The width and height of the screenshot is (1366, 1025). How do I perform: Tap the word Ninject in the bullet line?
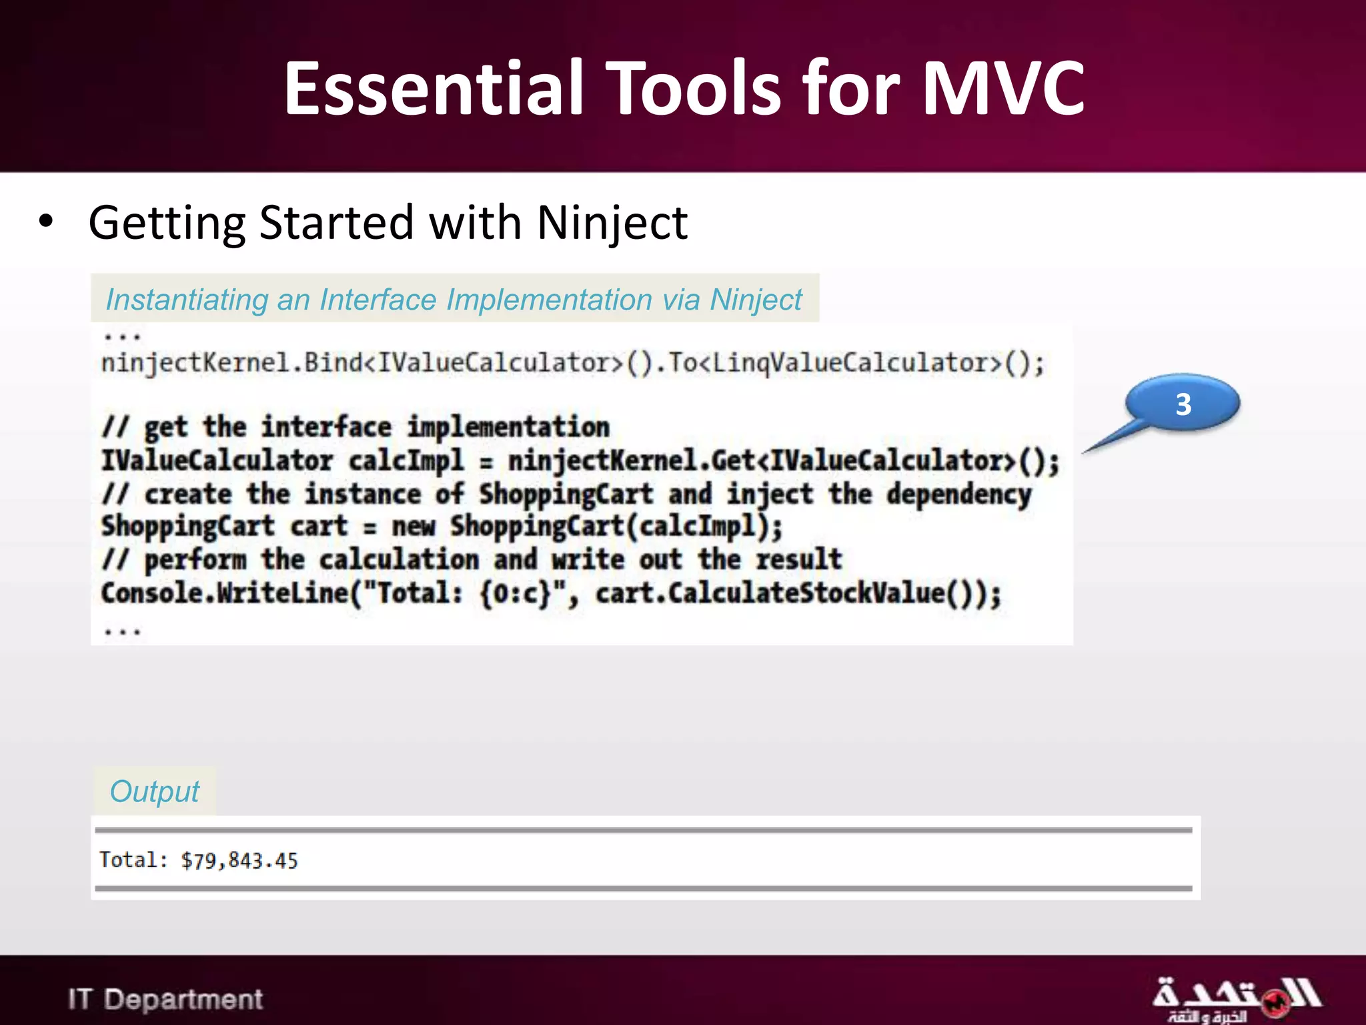612,224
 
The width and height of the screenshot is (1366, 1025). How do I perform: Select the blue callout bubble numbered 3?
1182,403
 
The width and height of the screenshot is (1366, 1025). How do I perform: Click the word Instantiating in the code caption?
186,300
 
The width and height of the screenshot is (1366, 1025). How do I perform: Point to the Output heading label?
154,792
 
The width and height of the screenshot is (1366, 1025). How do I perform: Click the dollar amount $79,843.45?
239,860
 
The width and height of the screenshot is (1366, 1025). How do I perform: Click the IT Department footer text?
165,1000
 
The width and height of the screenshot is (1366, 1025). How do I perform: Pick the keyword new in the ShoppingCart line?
414,527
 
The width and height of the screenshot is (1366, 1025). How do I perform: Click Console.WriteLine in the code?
225,593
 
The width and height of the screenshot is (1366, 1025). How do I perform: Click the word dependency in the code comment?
958,494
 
